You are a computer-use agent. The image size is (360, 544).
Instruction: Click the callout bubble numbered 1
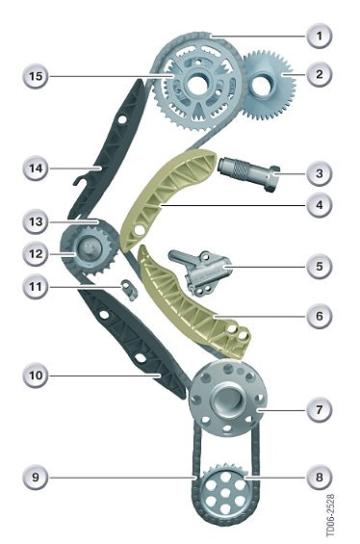pyautogui.click(x=319, y=36)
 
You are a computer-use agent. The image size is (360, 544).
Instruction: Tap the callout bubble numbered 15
pyautogui.click(x=36, y=76)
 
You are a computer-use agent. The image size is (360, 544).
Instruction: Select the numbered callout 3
pyautogui.click(x=319, y=173)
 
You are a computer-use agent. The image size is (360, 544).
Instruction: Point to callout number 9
pyautogui.click(x=36, y=477)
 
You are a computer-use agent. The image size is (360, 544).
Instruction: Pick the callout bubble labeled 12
pyautogui.click(x=36, y=254)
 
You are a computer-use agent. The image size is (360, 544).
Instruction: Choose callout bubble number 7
pyautogui.click(x=319, y=410)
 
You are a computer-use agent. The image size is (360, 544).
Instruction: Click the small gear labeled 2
pyautogui.click(x=268, y=85)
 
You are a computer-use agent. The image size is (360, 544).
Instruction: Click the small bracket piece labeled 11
pyautogui.click(x=129, y=290)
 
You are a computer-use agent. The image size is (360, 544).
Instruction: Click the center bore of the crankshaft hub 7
pyautogui.click(x=227, y=401)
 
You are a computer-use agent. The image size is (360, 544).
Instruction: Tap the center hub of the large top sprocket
pyautogui.click(x=196, y=85)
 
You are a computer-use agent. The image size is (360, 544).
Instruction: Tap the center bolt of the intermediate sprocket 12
pyautogui.click(x=90, y=248)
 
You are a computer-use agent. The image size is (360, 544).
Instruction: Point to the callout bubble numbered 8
pyautogui.click(x=319, y=477)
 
